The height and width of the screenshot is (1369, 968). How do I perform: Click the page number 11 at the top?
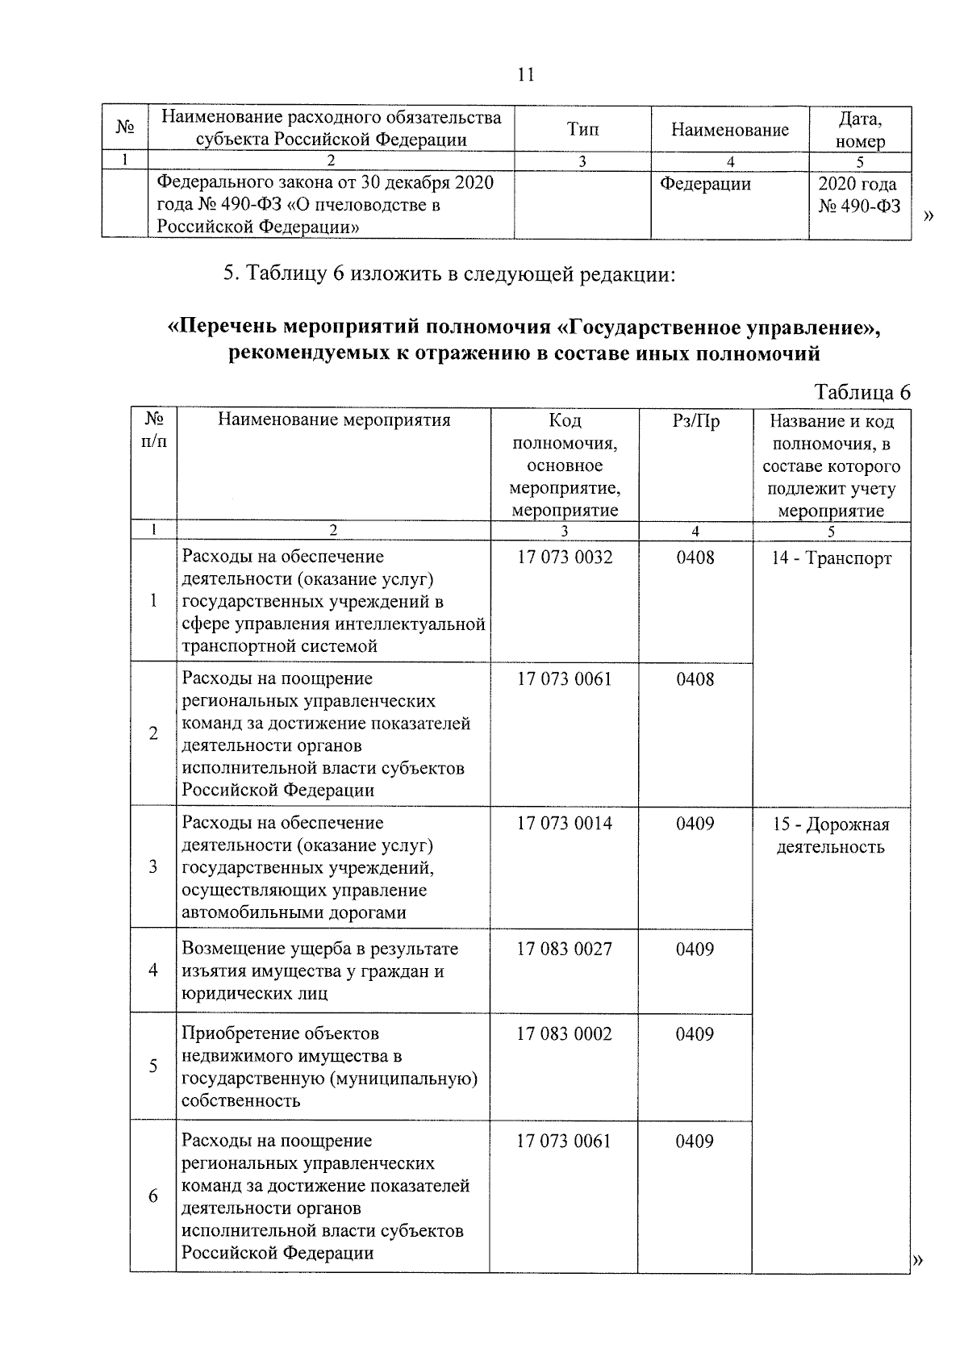(525, 75)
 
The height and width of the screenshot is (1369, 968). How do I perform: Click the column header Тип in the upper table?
(582, 129)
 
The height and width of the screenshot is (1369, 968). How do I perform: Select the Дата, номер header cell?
(860, 130)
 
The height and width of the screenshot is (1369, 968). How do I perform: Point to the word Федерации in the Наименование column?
(705, 184)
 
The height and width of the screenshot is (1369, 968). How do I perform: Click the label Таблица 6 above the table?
(862, 392)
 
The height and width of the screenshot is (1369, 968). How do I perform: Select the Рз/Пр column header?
(695, 421)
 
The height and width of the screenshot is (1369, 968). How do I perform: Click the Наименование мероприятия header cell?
(334, 419)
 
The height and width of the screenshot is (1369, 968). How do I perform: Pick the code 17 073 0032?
(565, 557)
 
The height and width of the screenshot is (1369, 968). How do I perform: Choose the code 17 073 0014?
(565, 823)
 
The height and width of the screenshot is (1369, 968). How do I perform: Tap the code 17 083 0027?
(565, 949)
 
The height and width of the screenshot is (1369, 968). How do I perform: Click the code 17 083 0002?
(565, 1033)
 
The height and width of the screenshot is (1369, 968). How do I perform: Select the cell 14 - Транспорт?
(832, 558)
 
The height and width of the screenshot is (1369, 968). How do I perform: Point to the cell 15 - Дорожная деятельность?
(831, 835)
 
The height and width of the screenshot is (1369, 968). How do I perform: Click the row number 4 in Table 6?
(153, 970)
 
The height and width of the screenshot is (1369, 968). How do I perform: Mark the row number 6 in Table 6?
(153, 1196)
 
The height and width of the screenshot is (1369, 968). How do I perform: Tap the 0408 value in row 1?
(695, 557)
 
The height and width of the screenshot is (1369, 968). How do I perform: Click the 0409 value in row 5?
(695, 1033)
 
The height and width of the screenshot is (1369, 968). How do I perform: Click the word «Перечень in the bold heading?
(216, 328)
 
